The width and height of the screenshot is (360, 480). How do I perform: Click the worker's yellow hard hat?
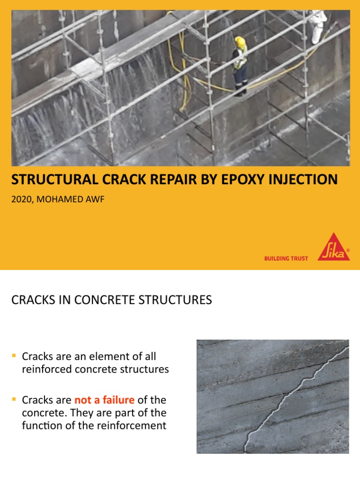coord(240,42)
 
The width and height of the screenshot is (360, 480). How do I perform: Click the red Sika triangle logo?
coord(334,248)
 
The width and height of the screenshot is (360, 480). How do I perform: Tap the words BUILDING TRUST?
coord(286,258)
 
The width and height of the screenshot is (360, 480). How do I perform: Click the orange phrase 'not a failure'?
coord(104,400)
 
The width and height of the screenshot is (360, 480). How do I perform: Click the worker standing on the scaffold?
coord(240,66)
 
